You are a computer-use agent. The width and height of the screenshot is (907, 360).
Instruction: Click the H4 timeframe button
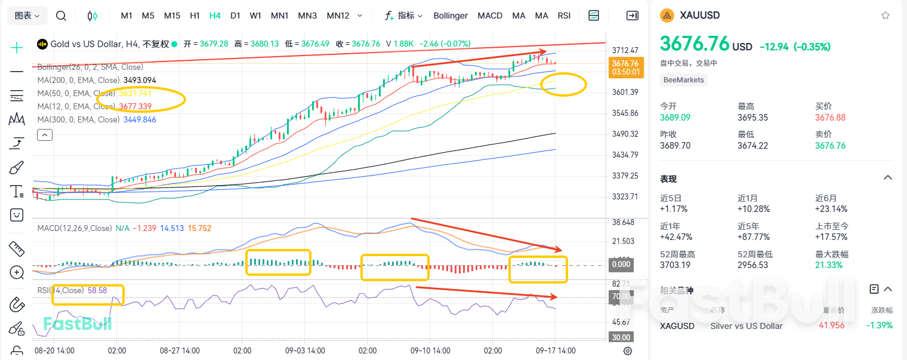coord(215,16)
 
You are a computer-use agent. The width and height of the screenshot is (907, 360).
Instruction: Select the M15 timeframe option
coord(172,16)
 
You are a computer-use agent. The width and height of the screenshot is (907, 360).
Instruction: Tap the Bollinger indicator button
coord(451,16)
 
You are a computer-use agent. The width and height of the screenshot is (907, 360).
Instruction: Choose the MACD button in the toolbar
coord(490,16)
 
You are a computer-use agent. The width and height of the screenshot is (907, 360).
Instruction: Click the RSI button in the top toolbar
coord(564,16)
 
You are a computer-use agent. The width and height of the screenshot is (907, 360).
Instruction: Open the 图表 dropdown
coord(27,16)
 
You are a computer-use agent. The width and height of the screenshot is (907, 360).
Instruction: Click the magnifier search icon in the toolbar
coord(61,16)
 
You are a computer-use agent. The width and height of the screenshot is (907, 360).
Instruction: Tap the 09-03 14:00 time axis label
coord(305,350)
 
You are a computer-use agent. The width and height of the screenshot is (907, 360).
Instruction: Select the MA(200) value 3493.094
coord(140,80)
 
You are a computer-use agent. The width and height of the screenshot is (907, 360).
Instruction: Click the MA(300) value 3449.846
coord(140,119)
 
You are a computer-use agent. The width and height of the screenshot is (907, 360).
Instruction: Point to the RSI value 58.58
coord(97,290)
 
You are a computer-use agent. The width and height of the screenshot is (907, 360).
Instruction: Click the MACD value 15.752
coord(199,228)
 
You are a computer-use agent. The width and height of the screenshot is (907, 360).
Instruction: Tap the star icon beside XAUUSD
coord(886,16)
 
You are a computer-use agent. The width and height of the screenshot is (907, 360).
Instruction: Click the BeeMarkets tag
coord(684,79)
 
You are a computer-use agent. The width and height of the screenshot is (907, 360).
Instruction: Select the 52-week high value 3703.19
coord(674,265)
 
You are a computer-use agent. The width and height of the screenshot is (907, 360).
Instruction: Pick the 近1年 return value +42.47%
coord(674,237)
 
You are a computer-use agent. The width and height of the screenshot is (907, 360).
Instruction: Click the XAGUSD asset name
coord(677,326)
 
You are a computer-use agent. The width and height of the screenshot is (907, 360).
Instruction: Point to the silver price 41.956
coord(832,326)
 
